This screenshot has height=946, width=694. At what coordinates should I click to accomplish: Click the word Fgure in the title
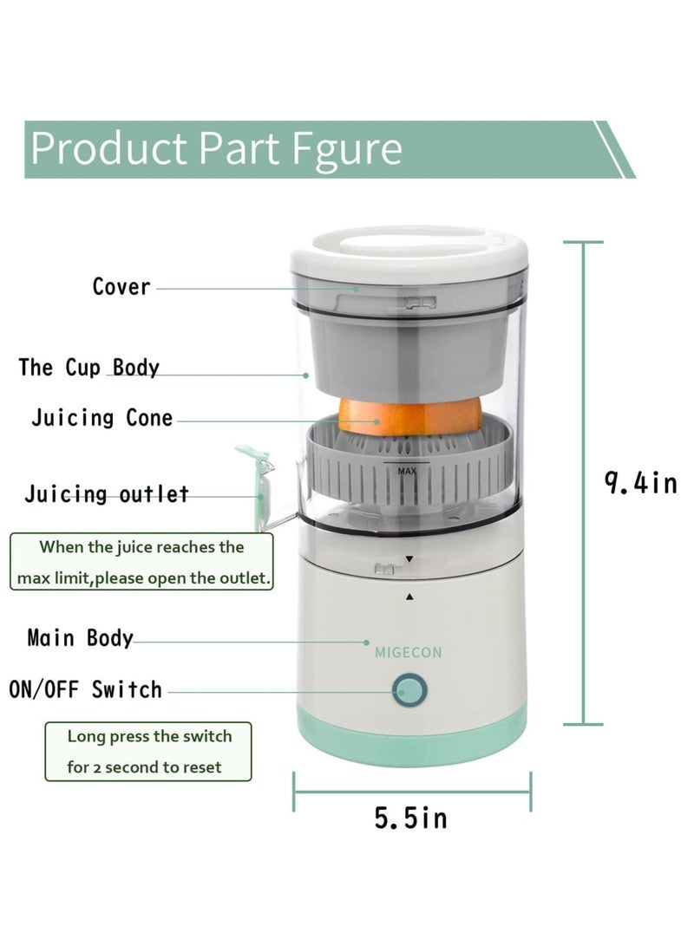346,149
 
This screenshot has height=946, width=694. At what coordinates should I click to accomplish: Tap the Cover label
121,287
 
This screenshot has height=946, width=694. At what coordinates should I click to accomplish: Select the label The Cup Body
89,368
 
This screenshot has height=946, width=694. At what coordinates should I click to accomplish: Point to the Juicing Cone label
102,418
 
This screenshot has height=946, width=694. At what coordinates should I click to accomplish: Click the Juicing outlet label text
107,495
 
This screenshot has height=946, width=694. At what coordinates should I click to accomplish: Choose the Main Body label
81,639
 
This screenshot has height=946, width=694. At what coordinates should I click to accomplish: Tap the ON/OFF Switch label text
86,690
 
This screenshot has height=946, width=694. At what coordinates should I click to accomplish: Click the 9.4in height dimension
640,483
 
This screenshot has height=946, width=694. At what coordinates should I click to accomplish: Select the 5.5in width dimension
411,818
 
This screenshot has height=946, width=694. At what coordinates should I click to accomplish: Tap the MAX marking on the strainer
408,472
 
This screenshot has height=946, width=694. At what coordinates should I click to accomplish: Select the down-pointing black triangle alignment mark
409,560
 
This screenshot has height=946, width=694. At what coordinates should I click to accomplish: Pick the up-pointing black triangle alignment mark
409,597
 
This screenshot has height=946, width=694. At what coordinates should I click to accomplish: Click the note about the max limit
141,562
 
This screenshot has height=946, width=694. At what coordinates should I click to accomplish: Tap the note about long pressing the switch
148,752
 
